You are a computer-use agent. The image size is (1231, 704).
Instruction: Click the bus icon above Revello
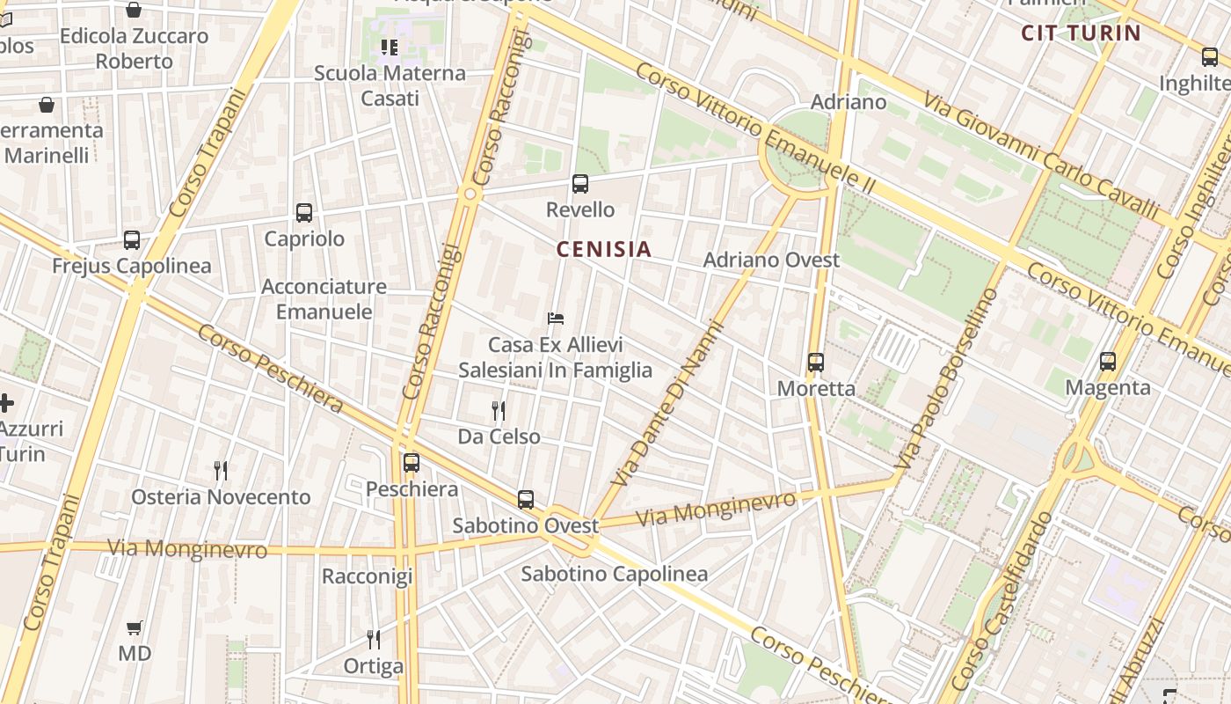pyautogui.click(x=580, y=184)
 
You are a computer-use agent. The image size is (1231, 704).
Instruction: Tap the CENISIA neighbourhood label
pyautogui.click(x=604, y=249)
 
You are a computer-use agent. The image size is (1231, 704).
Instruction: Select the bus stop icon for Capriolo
pyautogui.click(x=304, y=213)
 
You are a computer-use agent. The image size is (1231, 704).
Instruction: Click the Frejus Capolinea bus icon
pyautogui.click(x=132, y=240)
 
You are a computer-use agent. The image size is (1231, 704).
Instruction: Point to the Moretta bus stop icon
pyautogui.click(x=816, y=363)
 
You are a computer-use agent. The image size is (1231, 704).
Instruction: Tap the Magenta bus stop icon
pyautogui.click(x=1108, y=362)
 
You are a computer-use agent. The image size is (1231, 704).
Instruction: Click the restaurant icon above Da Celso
pyautogui.click(x=499, y=410)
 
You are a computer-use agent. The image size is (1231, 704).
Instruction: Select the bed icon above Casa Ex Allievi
pyautogui.click(x=555, y=319)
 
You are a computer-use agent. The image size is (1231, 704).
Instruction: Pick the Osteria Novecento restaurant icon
pyautogui.click(x=221, y=471)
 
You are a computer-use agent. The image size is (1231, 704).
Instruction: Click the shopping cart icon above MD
pyautogui.click(x=135, y=628)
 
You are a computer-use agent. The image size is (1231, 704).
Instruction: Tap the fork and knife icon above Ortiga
pyautogui.click(x=374, y=640)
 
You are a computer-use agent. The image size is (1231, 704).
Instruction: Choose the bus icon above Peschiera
pyautogui.click(x=412, y=463)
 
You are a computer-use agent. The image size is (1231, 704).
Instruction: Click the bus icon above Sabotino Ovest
pyautogui.click(x=526, y=500)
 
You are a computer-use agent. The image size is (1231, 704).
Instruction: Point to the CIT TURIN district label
pyautogui.click(x=1081, y=33)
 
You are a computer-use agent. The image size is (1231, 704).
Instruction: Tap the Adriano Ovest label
pyautogui.click(x=771, y=260)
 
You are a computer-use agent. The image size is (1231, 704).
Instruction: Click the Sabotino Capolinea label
pyautogui.click(x=615, y=575)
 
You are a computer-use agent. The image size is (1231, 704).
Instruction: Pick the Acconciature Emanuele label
pyautogui.click(x=324, y=299)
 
